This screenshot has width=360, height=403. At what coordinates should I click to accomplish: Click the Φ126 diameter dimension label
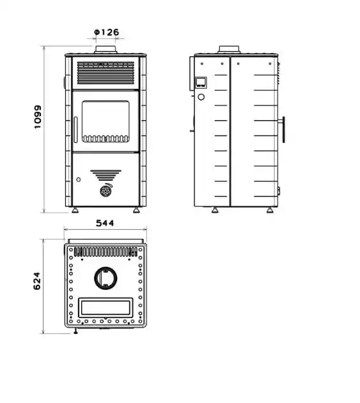coord(107,32)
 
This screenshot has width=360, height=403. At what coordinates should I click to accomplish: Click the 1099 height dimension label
coord(38,117)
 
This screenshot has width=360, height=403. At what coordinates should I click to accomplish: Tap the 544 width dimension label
coord(105,223)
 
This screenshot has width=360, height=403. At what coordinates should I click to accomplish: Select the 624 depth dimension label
coord(37,281)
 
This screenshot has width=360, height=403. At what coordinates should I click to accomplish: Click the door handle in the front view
coord(75,130)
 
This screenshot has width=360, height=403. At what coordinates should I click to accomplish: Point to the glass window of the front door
coord(106,121)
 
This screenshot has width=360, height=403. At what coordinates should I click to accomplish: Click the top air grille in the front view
coord(106,73)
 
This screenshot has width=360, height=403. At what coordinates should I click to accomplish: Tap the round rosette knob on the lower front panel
coord(106,191)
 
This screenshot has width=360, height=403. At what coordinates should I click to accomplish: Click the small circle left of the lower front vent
coord(79,179)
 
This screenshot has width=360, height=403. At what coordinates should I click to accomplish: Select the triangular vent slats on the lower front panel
coord(106,175)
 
